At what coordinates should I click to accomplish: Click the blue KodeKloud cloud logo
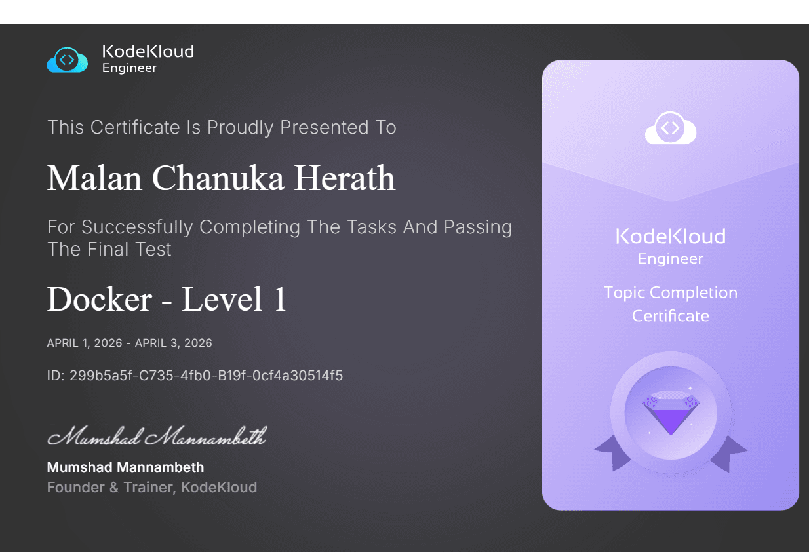[67, 60]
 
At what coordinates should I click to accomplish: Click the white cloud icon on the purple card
[670, 128]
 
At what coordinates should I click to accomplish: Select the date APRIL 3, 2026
[174, 343]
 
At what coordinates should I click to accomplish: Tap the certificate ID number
[206, 376]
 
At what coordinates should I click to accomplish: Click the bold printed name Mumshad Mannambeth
[125, 467]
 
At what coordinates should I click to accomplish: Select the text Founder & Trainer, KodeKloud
[151, 487]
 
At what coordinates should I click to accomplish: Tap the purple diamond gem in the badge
[670, 412]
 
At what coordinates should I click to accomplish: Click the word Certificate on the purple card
[670, 316]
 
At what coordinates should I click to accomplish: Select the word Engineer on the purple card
[670, 259]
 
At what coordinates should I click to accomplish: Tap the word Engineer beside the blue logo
[129, 68]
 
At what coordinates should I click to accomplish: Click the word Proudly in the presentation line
[240, 127]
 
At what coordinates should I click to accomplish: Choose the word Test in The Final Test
[155, 249]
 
